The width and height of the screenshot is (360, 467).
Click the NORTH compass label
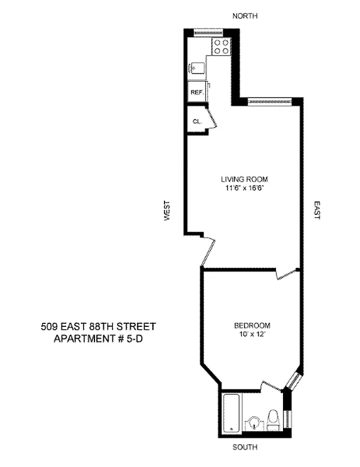[244, 16]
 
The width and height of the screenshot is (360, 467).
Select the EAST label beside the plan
[317, 211]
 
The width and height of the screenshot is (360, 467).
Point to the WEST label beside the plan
[167, 211]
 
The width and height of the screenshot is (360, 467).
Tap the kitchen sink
[197, 68]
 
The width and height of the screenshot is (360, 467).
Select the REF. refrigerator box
[195, 93]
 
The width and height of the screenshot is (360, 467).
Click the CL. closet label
[197, 121]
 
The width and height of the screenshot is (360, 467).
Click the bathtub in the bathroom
[232, 414]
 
